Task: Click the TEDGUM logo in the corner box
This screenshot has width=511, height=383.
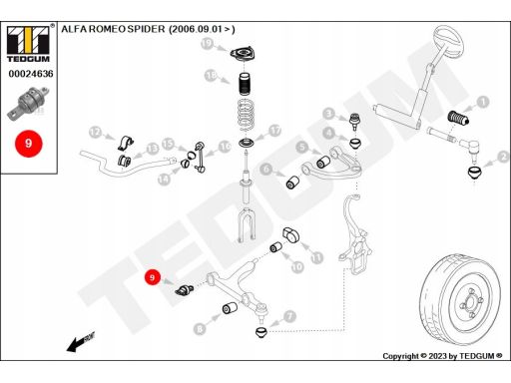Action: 28,44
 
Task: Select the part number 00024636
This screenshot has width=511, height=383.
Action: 31,74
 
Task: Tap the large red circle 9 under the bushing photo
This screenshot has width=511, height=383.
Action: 29,144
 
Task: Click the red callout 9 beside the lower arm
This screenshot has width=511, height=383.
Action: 153,277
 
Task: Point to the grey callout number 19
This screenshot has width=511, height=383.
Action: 207,44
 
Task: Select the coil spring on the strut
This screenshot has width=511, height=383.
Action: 247,115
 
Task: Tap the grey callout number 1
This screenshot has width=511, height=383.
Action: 483,102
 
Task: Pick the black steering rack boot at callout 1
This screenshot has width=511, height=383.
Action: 458,118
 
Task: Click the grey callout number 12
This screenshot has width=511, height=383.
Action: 95,133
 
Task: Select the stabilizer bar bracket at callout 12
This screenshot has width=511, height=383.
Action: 126,143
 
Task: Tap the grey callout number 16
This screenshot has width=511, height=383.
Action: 226,147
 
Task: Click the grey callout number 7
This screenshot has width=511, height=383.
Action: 290,316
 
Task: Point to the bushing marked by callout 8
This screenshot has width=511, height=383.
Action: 230,308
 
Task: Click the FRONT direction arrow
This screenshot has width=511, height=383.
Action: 81,342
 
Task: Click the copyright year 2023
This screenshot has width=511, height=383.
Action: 438,356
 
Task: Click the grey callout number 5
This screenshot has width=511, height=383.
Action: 302,147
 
